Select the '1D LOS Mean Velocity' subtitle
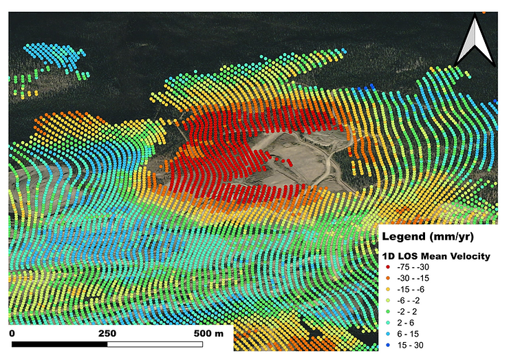pyautogui.click(x=435, y=257)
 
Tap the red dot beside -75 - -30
pyautogui.click(x=388, y=268)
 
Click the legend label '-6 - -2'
pyautogui.click(x=411, y=302)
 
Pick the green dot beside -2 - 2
pyautogui.click(x=388, y=313)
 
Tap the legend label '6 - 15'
pyautogui.click(x=408, y=336)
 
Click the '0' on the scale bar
pyautogui.click(x=12, y=333)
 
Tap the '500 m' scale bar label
pyautogui.click(x=208, y=333)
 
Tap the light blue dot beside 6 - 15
pyautogui.click(x=388, y=336)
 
